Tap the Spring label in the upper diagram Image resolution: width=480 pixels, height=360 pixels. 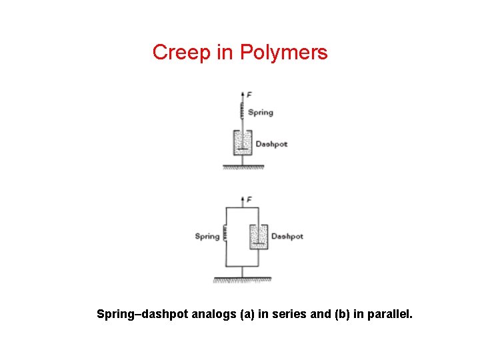(261, 113)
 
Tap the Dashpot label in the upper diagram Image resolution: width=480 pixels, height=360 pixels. (271, 144)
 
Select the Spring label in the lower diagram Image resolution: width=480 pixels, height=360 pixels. (207, 236)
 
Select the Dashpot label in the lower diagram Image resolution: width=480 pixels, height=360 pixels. (287, 236)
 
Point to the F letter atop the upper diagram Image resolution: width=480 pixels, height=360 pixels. (249, 95)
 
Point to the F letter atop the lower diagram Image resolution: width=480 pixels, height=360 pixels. (249, 199)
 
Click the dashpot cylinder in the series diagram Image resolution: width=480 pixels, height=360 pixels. (241, 143)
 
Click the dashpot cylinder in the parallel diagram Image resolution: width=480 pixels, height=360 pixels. (258, 237)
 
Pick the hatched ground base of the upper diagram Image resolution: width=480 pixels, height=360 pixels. (243, 167)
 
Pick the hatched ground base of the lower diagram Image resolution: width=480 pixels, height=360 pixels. (242, 280)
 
